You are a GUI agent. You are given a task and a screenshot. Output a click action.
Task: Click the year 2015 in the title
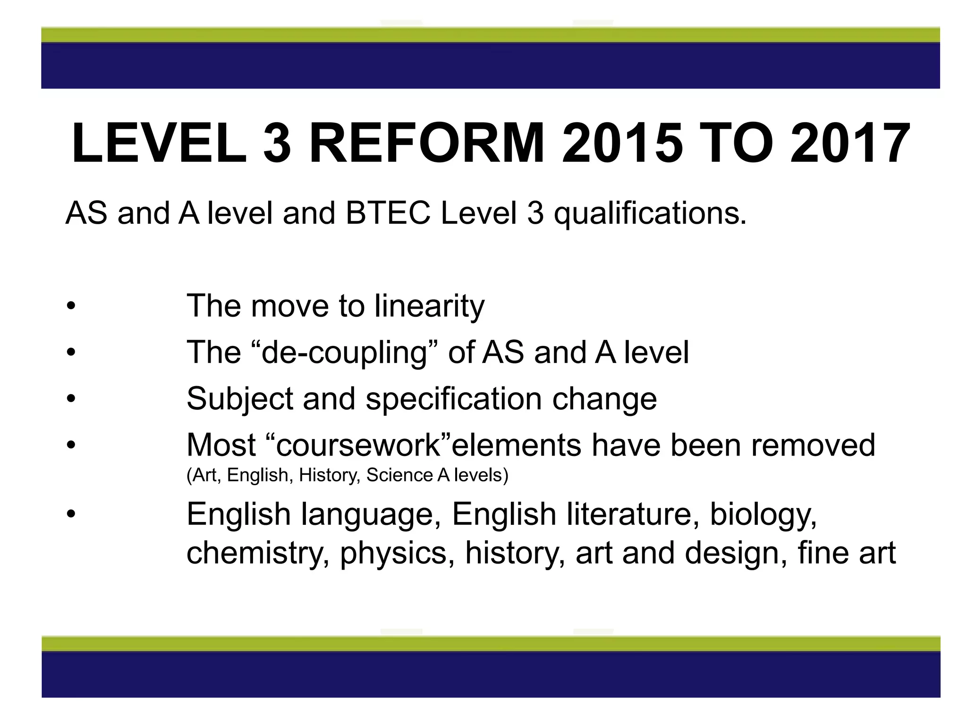coord(622,143)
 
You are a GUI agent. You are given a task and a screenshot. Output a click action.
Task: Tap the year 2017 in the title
coord(850,143)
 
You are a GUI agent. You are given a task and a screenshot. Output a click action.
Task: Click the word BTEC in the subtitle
coord(388,213)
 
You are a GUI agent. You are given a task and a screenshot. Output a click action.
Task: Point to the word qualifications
coord(650,214)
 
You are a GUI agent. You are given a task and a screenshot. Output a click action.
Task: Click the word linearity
coord(429,306)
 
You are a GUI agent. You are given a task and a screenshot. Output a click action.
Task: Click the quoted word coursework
coord(358,445)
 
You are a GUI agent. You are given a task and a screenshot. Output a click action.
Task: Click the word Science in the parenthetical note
coord(399,475)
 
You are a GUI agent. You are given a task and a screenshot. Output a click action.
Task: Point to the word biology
coord(763,515)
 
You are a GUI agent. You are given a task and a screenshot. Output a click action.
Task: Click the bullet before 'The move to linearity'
coord(71,306)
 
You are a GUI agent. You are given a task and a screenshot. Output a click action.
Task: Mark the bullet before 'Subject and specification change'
coord(71,399)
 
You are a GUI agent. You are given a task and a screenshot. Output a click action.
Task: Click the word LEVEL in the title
coord(159,143)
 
